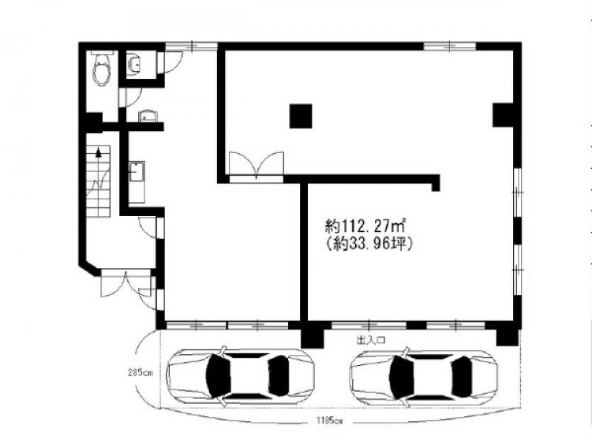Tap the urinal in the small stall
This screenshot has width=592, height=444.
[x=134, y=64]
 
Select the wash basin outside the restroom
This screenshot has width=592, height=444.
[x=148, y=116]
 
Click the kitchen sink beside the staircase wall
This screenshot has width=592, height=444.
[x=137, y=182]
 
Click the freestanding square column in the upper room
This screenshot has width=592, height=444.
[x=301, y=116]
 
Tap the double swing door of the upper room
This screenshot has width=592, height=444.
[x=257, y=165]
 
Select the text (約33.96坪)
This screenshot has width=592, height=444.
[x=369, y=244]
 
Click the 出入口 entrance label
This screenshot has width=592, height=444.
[x=371, y=340]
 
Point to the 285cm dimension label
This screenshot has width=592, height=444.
[x=139, y=374]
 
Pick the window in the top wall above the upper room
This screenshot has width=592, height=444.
[x=449, y=46]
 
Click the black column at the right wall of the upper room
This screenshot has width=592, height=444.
[x=503, y=114]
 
